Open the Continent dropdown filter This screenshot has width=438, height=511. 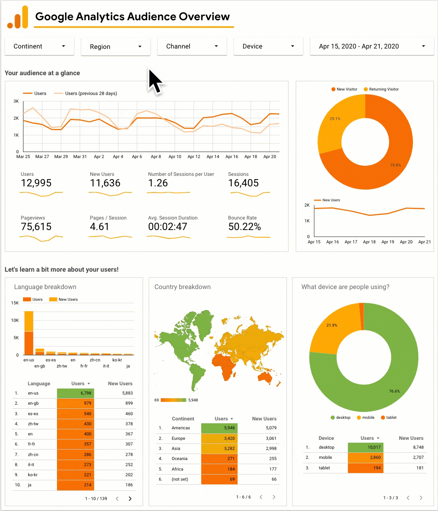point(39,46)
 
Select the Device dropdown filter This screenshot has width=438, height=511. point(268,46)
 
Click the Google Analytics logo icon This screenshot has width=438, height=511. point(18,17)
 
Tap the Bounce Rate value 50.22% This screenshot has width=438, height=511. point(244,227)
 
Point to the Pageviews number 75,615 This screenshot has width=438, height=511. point(36,227)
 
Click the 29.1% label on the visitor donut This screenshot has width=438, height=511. point(335,119)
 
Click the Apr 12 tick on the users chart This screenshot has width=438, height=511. point(194,156)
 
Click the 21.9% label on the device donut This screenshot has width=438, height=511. point(332,325)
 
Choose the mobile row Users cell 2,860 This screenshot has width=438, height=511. point(365,458)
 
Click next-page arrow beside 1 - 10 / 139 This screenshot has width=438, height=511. point(130,498)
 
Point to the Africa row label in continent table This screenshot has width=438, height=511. point(177,469)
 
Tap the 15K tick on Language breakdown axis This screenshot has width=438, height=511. point(15,303)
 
